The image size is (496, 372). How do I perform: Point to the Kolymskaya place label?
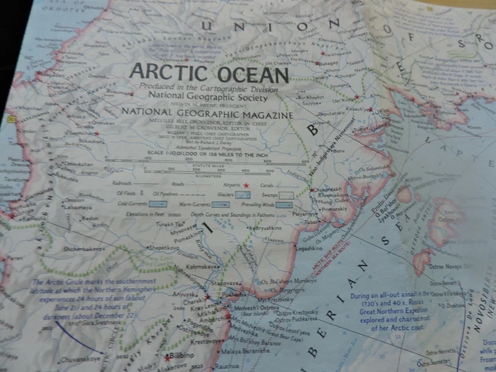point(198,267)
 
